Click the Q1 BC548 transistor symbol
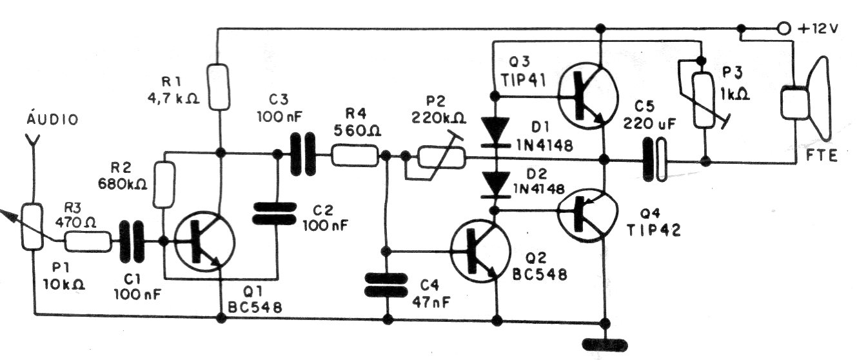tap(205, 243)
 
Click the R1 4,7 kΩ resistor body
tap(220, 86)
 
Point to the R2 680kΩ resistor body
tap(165, 185)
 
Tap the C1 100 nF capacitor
tap(132, 243)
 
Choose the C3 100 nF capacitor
tap(301, 154)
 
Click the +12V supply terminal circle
tap(783, 28)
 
